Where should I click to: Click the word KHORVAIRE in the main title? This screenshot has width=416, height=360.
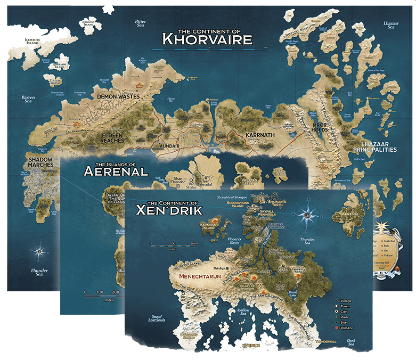(x=207, y=39)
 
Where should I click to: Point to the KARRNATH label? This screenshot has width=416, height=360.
(x=260, y=135)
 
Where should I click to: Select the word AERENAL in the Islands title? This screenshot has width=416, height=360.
(x=116, y=171)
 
